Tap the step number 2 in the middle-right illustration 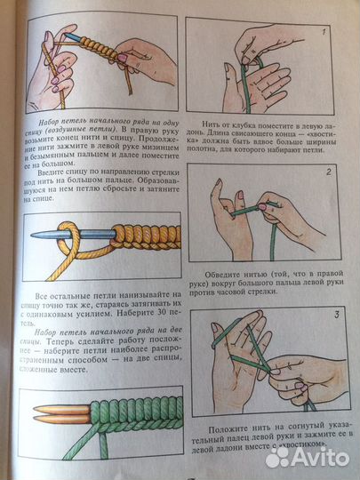pos(328,172)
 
